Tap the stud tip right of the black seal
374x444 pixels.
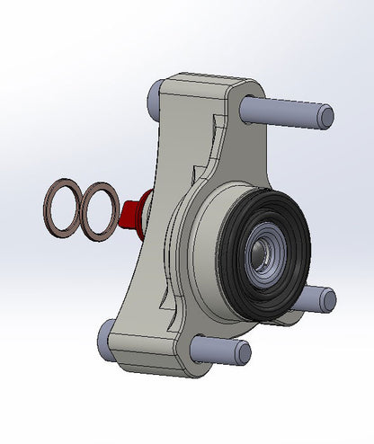coord(325,299)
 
